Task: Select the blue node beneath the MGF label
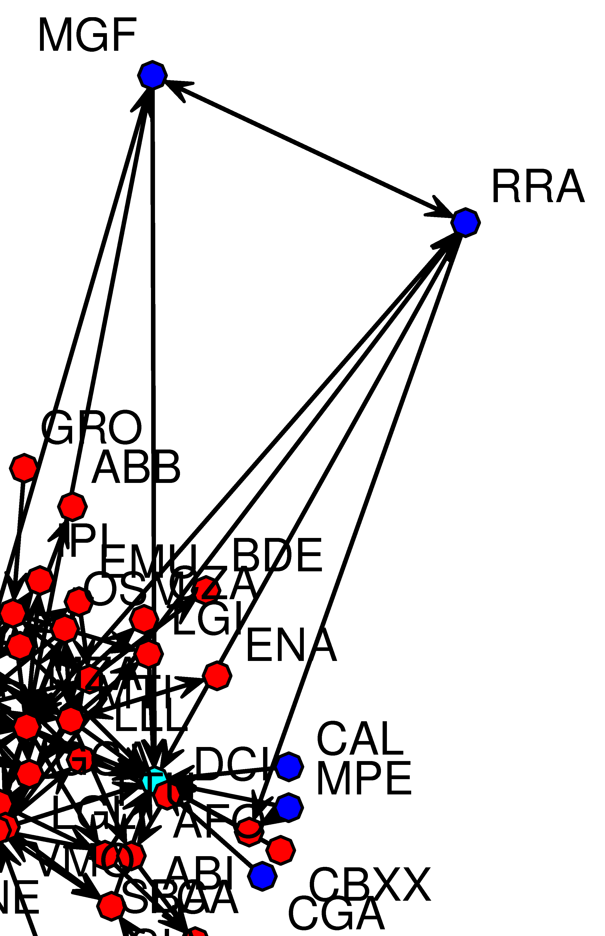coord(152,75)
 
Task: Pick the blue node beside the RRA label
coord(465,223)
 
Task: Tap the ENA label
coord(291,646)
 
